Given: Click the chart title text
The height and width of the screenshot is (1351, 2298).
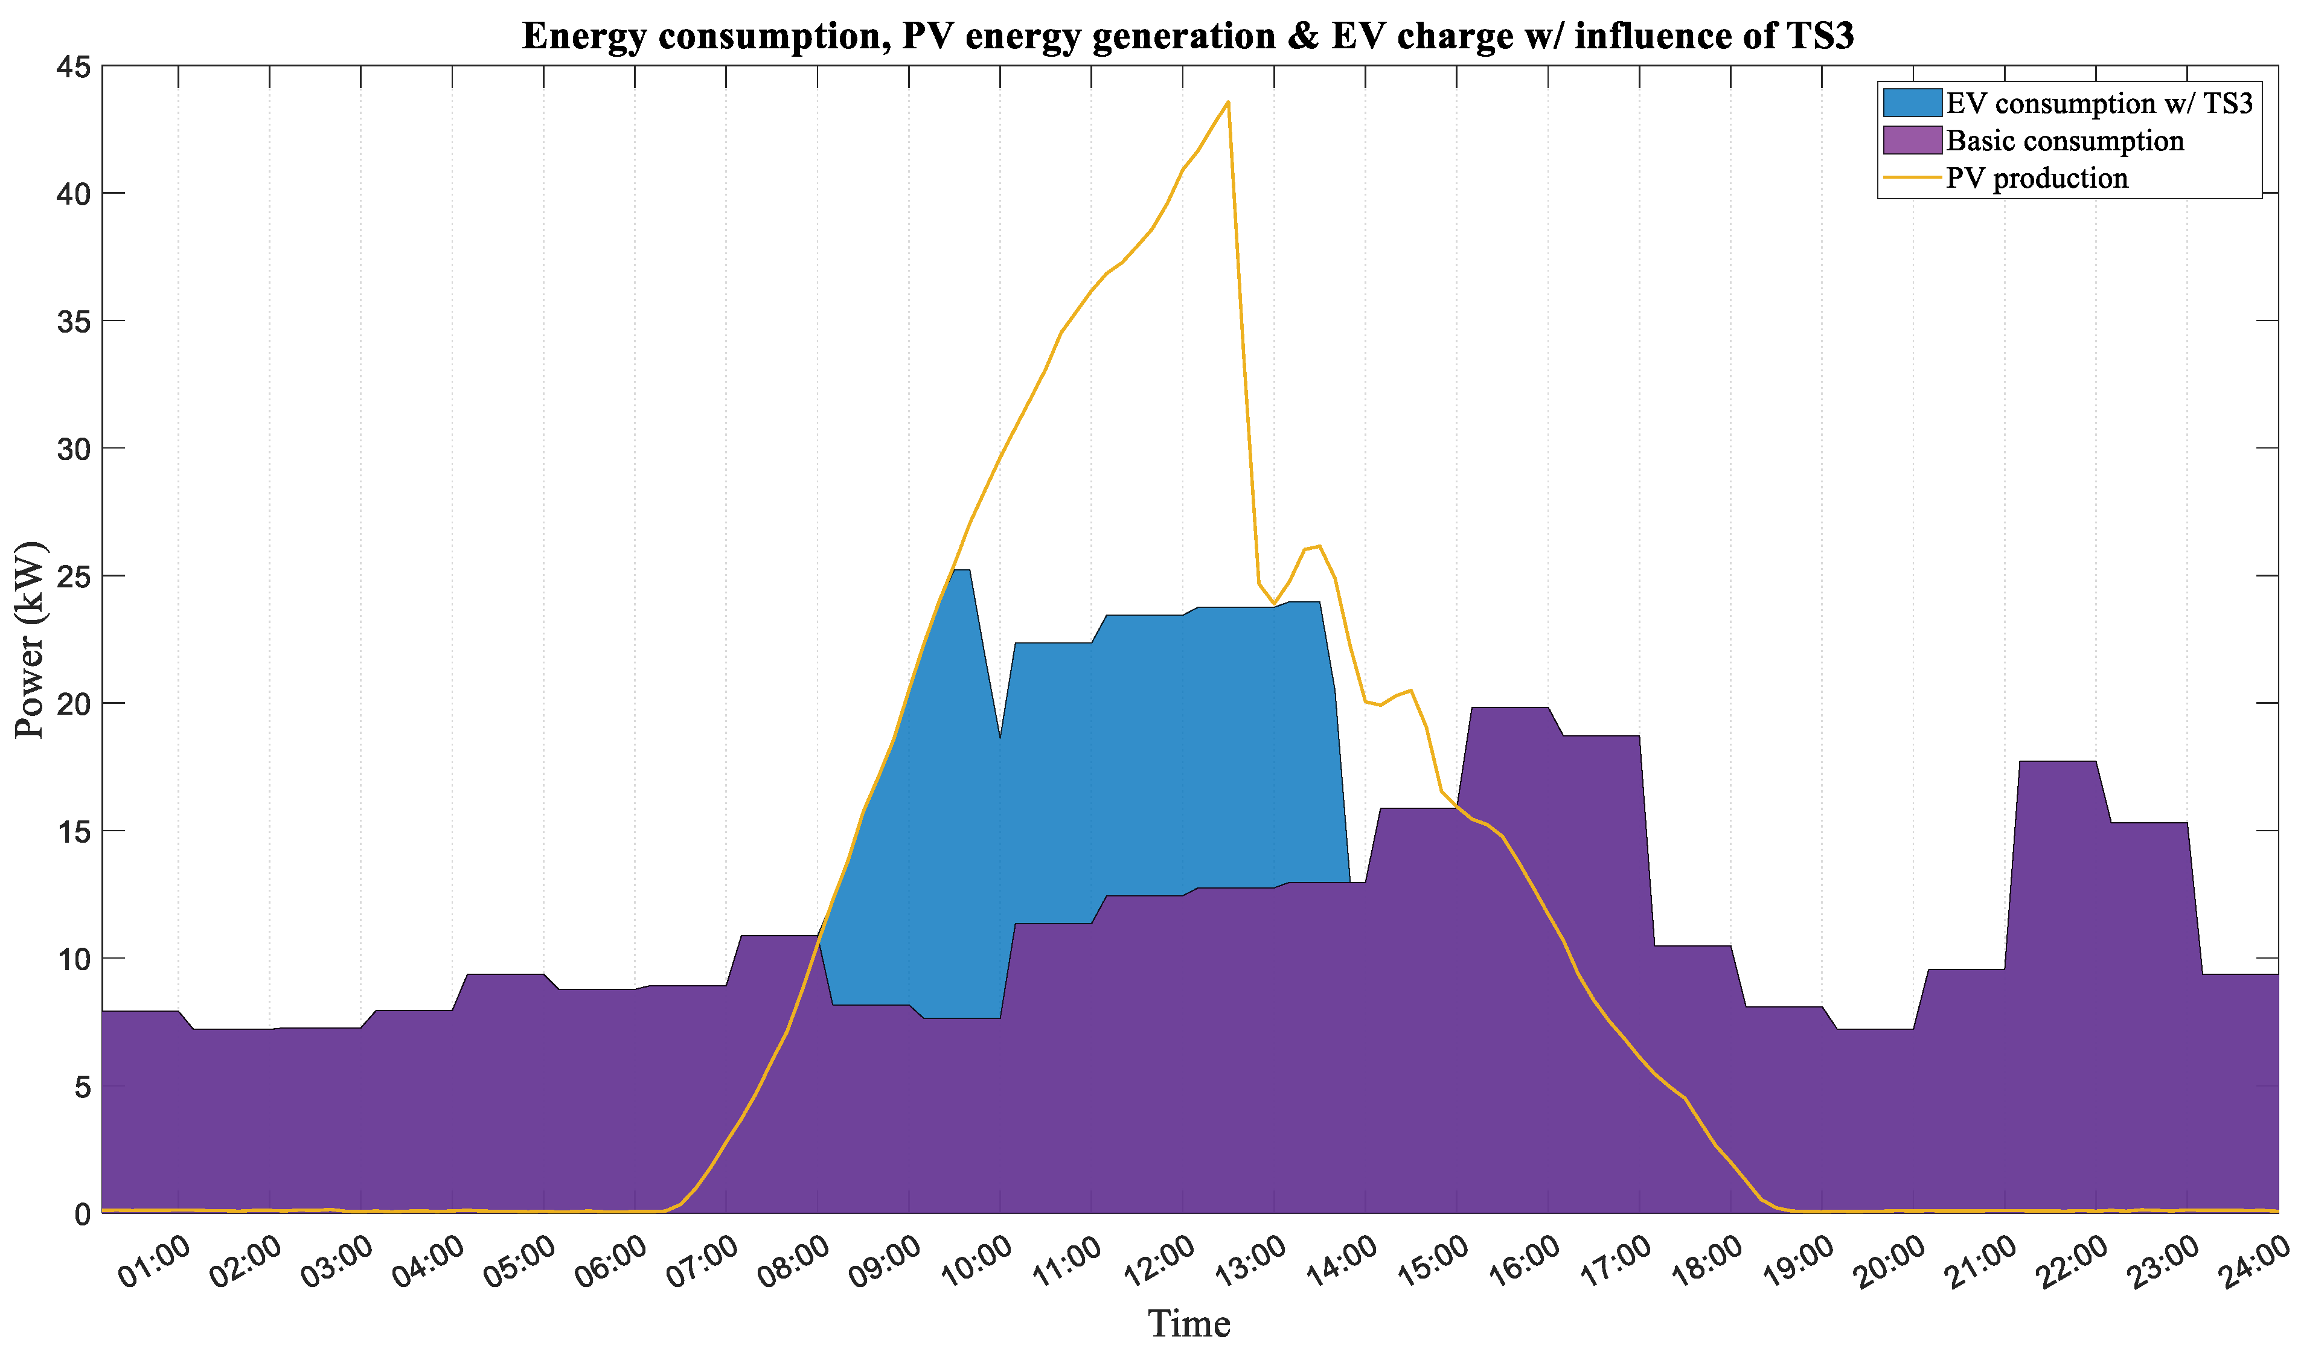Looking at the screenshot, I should pos(1187,36).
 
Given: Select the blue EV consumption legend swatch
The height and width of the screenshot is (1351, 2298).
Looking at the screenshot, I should pos(1912,103).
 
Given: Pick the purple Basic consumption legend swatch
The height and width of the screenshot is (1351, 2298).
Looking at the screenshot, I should pos(1912,141).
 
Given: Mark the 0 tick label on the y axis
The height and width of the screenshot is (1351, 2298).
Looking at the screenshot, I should pos(82,1214).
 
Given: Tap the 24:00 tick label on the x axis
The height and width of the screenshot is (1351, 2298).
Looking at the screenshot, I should pos(2255,1263).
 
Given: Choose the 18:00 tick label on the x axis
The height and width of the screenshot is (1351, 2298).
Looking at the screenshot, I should pos(1706,1263).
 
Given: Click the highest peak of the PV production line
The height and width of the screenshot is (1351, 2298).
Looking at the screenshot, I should pos(1228,102).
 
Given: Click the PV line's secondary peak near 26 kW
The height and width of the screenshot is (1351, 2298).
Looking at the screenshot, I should pos(1319,547).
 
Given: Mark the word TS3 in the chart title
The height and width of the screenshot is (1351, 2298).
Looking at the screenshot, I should pos(1819,36).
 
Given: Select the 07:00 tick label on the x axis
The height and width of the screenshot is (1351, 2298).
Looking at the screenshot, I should pos(702,1263).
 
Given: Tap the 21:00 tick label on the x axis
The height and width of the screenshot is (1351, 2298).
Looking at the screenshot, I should pos(1980,1263).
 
